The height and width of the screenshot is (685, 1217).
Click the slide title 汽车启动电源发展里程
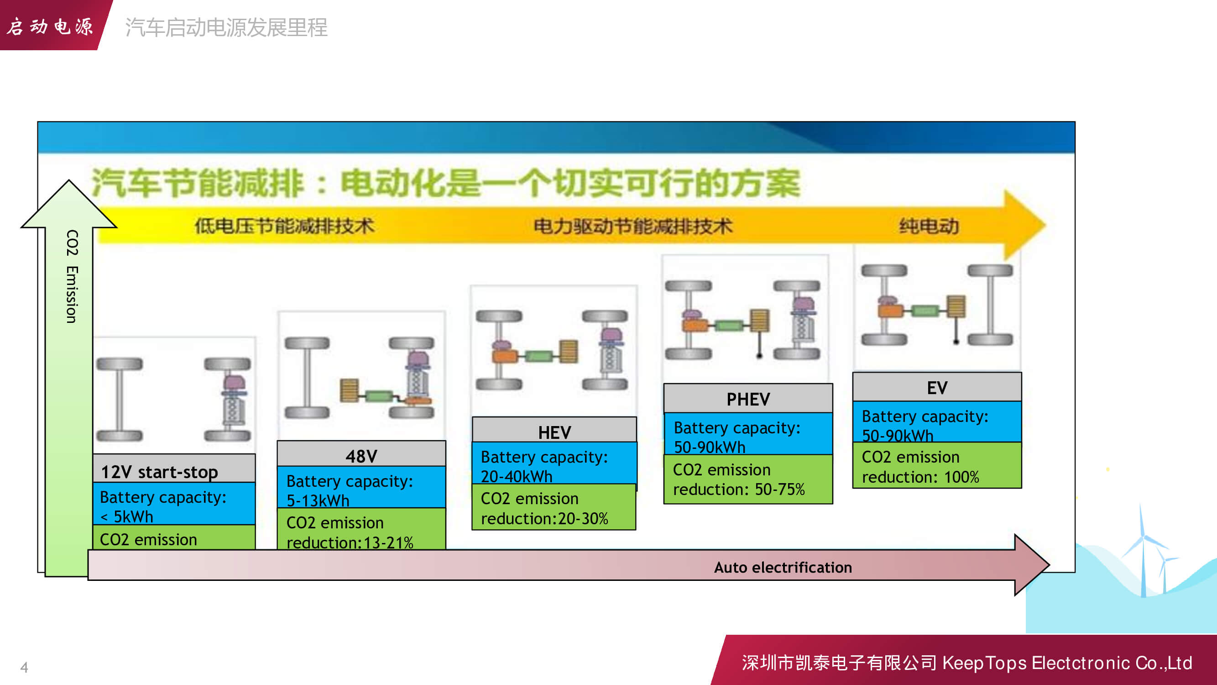(x=226, y=27)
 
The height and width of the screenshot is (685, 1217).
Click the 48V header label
(x=361, y=456)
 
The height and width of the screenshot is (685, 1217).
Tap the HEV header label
(x=554, y=432)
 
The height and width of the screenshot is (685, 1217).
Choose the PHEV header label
(x=748, y=399)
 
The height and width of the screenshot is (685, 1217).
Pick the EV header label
(x=937, y=388)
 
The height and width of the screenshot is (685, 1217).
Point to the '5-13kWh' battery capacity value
(x=318, y=500)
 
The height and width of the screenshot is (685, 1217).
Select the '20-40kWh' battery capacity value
(x=517, y=476)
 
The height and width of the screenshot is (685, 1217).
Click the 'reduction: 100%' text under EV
(x=920, y=477)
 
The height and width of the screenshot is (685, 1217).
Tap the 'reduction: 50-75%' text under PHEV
(x=738, y=489)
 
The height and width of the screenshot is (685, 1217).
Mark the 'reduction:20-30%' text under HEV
(x=544, y=519)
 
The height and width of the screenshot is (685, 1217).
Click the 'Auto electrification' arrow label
(x=783, y=567)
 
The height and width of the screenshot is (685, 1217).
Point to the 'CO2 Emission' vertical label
(x=72, y=277)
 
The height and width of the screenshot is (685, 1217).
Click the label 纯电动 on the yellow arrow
(x=929, y=226)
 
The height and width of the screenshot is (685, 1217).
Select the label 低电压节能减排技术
(x=284, y=226)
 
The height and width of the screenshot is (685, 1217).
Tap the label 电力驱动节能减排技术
(x=633, y=226)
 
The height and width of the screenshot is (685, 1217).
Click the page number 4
(x=24, y=667)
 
